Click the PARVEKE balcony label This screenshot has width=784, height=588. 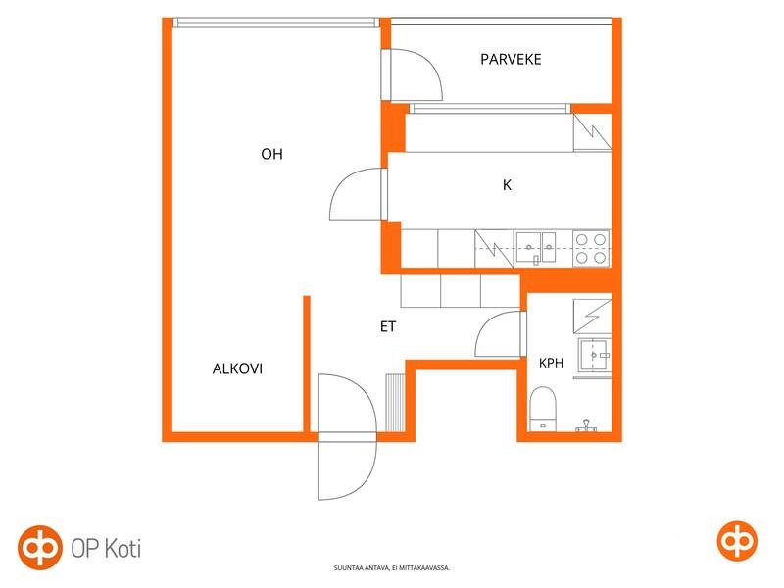coord(511,60)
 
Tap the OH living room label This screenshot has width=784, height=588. coord(271,154)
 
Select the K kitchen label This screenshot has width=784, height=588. coord(507,185)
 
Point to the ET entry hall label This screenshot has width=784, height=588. coord(388,327)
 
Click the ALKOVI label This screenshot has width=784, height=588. coord(237,369)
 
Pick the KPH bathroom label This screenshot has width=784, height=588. coord(551,363)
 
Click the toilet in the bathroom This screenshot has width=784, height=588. coord(543,409)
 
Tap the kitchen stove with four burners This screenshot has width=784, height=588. coord(591,248)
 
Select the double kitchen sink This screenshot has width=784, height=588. coord(534,247)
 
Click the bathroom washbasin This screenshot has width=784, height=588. coord(595,355)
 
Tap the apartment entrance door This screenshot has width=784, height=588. coord(347,437)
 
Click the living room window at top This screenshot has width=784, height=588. coord(276,23)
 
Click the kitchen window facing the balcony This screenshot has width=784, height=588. coord(490,109)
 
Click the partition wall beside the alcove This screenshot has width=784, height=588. coord(307,364)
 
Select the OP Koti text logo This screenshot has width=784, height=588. coord(106,549)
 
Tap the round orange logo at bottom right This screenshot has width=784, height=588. coord(737,541)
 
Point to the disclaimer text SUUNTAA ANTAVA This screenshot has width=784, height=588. coord(391,568)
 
